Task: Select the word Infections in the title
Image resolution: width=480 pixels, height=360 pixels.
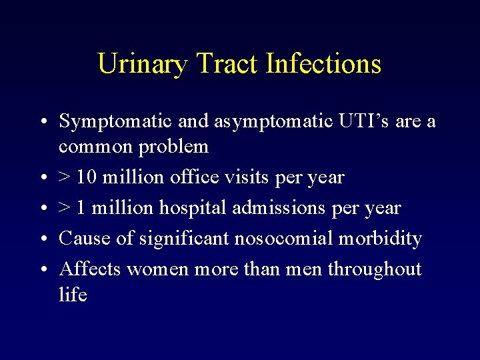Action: (x=323, y=65)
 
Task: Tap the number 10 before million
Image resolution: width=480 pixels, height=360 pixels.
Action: (x=85, y=177)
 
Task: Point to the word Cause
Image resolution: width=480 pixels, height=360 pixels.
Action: (x=81, y=238)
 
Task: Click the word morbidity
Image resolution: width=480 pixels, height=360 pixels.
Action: (x=381, y=238)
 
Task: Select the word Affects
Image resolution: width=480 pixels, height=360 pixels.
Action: (x=90, y=269)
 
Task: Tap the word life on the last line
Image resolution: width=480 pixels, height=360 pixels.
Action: (x=73, y=294)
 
